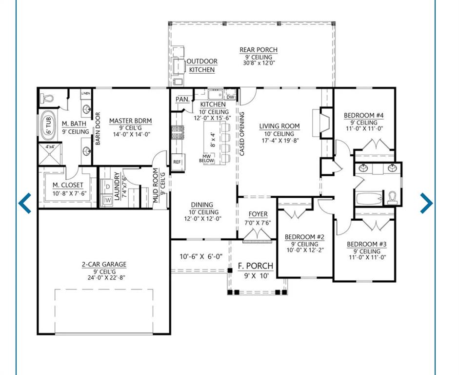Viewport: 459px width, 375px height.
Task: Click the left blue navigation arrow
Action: pyautogui.click(x=24, y=203)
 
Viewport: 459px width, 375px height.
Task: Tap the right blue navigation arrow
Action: pyautogui.click(x=426, y=203)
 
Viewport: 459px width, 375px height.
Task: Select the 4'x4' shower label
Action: pyautogui.click(x=50, y=146)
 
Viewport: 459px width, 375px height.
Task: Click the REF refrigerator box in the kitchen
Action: pyautogui.click(x=178, y=162)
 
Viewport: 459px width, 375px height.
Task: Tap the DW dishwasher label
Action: pyautogui.click(x=230, y=97)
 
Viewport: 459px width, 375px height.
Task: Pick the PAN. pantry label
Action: pyautogui.click(x=182, y=99)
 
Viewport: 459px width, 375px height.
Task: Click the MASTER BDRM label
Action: pyautogui.click(x=131, y=121)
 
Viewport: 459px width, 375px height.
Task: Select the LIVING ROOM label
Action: pyautogui.click(x=279, y=126)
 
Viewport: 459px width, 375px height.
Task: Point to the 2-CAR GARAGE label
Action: pyautogui.click(x=104, y=264)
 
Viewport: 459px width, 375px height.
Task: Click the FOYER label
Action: pyautogui.click(x=258, y=214)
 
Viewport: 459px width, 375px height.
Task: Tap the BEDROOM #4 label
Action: pyautogui.click(x=363, y=115)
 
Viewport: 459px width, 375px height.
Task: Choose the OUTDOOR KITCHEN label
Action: pyautogui.click(x=202, y=65)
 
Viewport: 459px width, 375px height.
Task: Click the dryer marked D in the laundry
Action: pyautogui.click(x=107, y=187)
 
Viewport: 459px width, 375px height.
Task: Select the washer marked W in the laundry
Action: pyautogui.click(x=107, y=200)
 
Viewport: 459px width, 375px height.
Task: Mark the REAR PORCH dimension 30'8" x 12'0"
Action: pyautogui.click(x=259, y=63)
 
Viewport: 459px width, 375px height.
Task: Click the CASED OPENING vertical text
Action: pyautogui.click(x=242, y=134)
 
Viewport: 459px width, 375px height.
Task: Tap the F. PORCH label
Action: pyautogui.click(x=256, y=266)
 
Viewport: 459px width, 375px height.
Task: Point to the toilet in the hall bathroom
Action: pyautogui.click(x=392, y=198)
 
